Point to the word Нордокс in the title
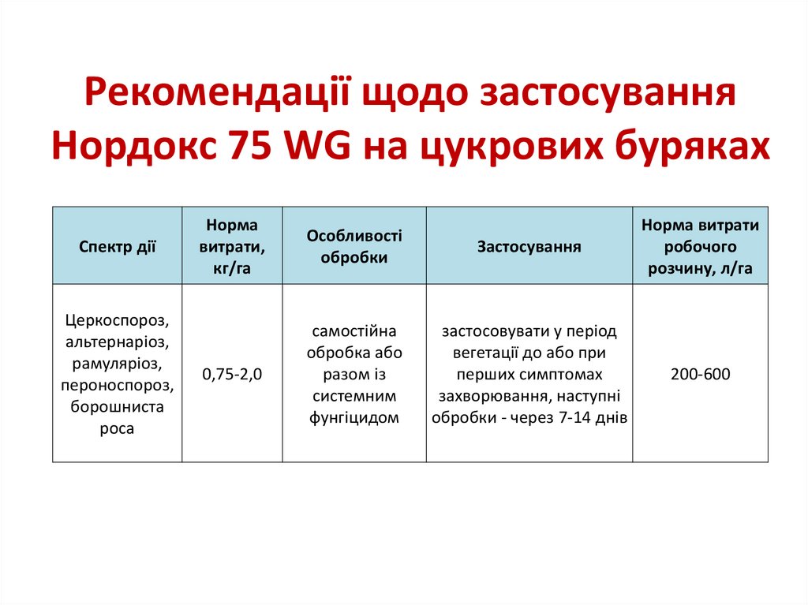(136, 146)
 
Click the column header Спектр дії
(118, 247)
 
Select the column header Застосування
(529, 247)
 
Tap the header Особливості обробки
(354, 247)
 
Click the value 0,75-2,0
(232, 375)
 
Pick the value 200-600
(700, 374)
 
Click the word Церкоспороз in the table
(118, 320)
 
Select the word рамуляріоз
(118, 364)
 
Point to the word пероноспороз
(118, 386)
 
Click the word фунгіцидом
(354, 418)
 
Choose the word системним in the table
(354, 396)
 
